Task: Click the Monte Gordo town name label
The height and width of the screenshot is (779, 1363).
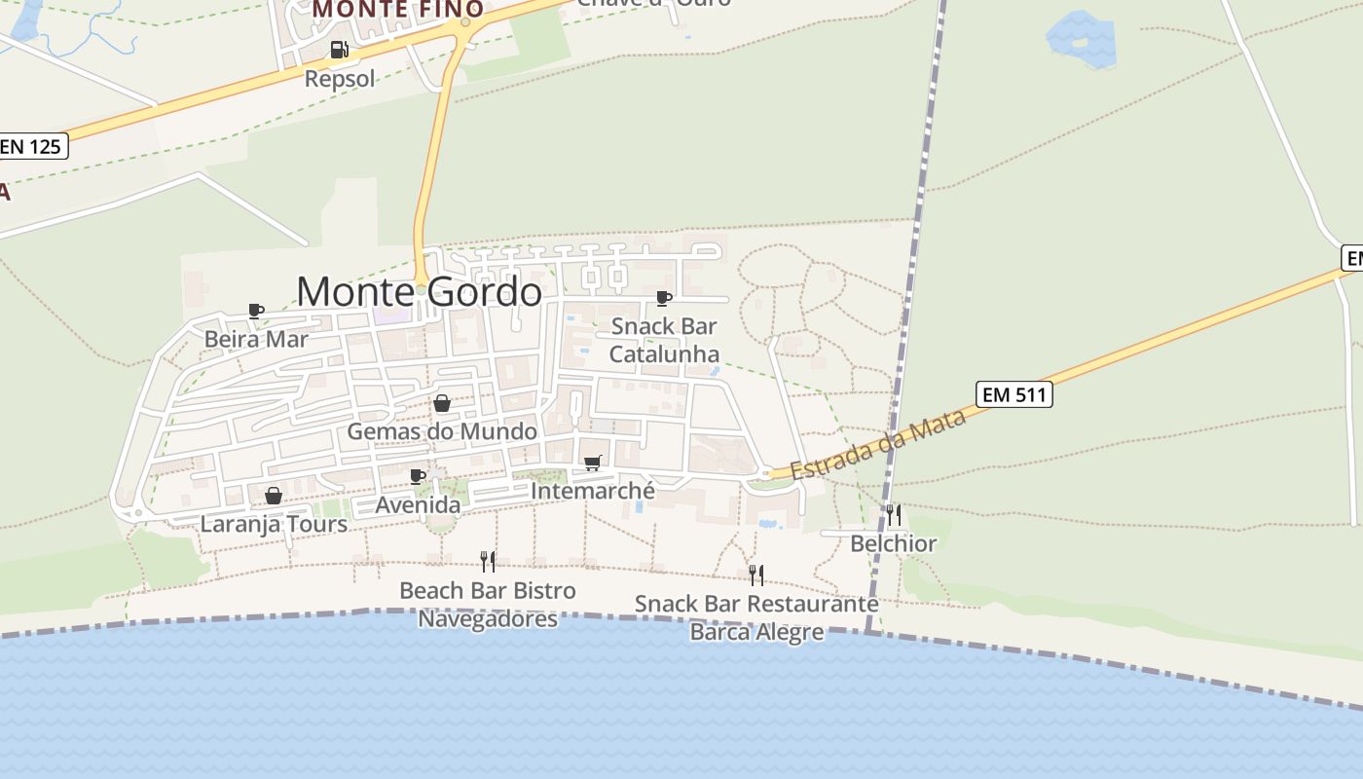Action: (x=419, y=291)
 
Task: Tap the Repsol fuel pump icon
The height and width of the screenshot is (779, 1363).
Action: (x=339, y=50)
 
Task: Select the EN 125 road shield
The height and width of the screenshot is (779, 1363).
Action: (x=31, y=147)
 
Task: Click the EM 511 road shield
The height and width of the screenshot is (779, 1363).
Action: (x=1013, y=394)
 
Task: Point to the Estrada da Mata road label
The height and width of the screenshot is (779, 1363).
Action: (x=878, y=445)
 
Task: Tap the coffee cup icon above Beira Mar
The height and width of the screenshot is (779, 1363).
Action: (x=256, y=312)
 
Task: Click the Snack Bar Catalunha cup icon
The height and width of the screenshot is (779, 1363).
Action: (x=664, y=298)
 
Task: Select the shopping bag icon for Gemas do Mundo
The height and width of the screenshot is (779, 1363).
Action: (x=442, y=403)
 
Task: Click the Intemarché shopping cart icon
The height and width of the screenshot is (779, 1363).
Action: (x=592, y=464)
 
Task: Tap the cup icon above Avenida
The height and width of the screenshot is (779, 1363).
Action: (x=418, y=477)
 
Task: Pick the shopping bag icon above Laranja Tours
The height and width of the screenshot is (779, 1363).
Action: (x=274, y=496)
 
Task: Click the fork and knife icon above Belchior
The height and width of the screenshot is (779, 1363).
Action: (x=894, y=514)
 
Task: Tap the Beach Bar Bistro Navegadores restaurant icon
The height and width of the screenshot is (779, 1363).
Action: (x=488, y=561)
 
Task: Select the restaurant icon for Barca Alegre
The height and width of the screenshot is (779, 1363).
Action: (x=755, y=575)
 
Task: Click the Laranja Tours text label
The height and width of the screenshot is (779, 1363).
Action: (x=274, y=524)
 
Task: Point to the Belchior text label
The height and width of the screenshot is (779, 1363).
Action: (x=894, y=543)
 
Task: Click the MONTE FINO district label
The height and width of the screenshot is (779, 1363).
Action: (x=398, y=9)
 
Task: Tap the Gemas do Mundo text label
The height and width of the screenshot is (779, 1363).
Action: (x=442, y=431)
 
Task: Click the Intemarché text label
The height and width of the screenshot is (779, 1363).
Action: (x=592, y=492)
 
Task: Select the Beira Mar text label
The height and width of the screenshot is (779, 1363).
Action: (x=256, y=339)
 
